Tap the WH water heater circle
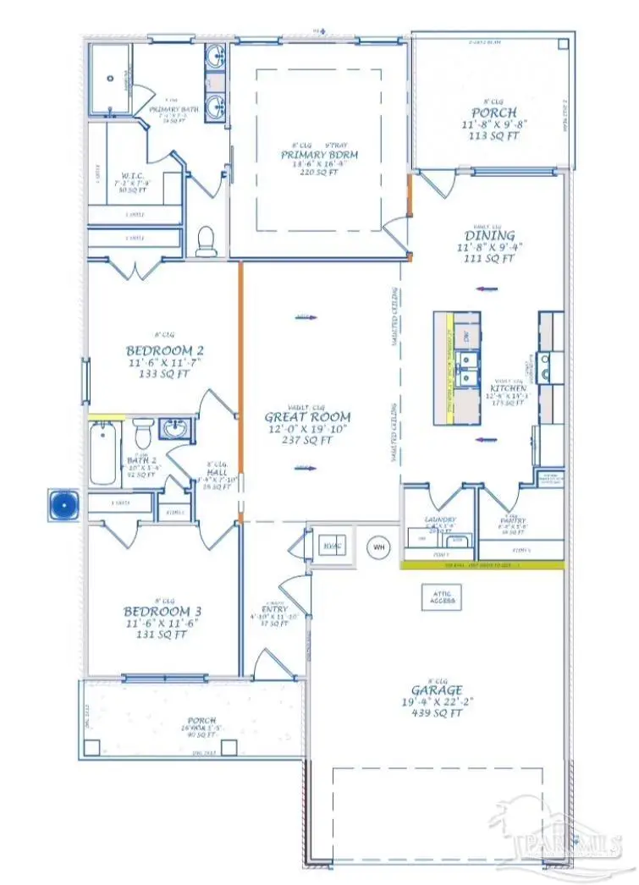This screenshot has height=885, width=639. click(378, 547)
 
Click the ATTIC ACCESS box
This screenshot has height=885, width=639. click(440, 597)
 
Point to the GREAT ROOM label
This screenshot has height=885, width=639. click(307, 417)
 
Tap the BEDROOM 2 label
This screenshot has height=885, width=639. click(164, 350)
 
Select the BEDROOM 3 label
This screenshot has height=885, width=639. click(163, 611)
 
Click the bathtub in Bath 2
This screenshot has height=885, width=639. click(103, 454)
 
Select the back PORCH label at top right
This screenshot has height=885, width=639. click(493, 112)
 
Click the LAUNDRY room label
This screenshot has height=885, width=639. click(440, 519)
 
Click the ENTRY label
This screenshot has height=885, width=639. click(275, 608)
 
